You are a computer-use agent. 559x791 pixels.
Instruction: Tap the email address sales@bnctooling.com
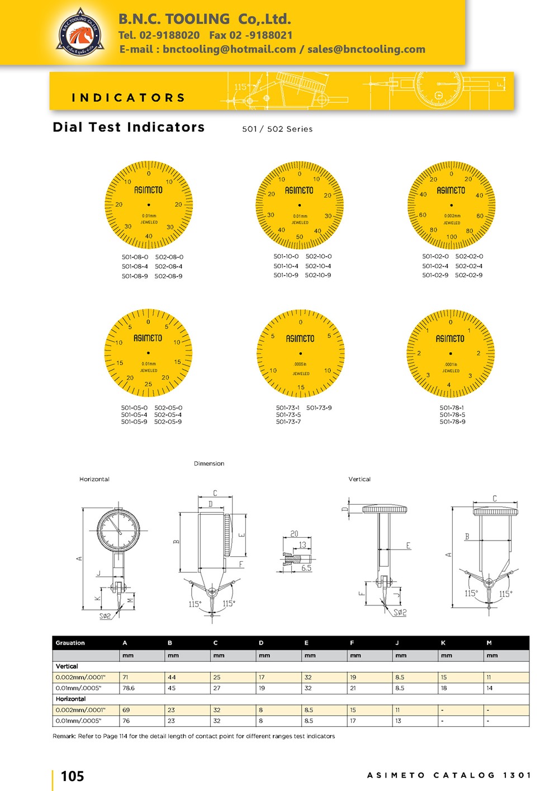(x=366, y=49)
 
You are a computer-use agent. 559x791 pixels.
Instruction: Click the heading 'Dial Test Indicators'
(x=129, y=127)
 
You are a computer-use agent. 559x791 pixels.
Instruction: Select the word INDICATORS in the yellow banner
(x=128, y=98)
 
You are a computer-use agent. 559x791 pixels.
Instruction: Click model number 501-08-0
(x=135, y=257)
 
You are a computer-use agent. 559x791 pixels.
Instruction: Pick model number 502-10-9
(x=318, y=275)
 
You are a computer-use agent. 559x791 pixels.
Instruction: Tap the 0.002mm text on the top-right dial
(x=452, y=216)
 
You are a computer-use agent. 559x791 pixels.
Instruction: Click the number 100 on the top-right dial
(x=452, y=237)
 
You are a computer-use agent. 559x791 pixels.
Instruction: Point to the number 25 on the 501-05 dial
(x=148, y=384)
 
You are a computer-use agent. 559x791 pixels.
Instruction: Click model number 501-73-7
(x=288, y=421)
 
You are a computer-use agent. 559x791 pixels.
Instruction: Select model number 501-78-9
(x=452, y=421)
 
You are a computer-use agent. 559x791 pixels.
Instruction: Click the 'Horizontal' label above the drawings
(x=94, y=479)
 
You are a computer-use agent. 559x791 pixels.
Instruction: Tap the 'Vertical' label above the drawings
(x=359, y=479)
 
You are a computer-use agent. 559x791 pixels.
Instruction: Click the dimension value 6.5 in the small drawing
(x=306, y=568)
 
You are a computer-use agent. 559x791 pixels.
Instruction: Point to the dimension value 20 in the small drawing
(x=294, y=534)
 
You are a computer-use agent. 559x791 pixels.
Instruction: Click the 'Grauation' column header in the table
(x=70, y=643)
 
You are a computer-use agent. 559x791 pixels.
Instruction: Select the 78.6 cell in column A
(x=129, y=688)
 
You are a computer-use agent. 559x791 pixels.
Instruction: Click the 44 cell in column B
(x=172, y=677)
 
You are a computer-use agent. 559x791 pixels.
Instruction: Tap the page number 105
(x=72, y=776)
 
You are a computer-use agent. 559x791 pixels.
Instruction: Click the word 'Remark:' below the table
(x=64, y=736)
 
